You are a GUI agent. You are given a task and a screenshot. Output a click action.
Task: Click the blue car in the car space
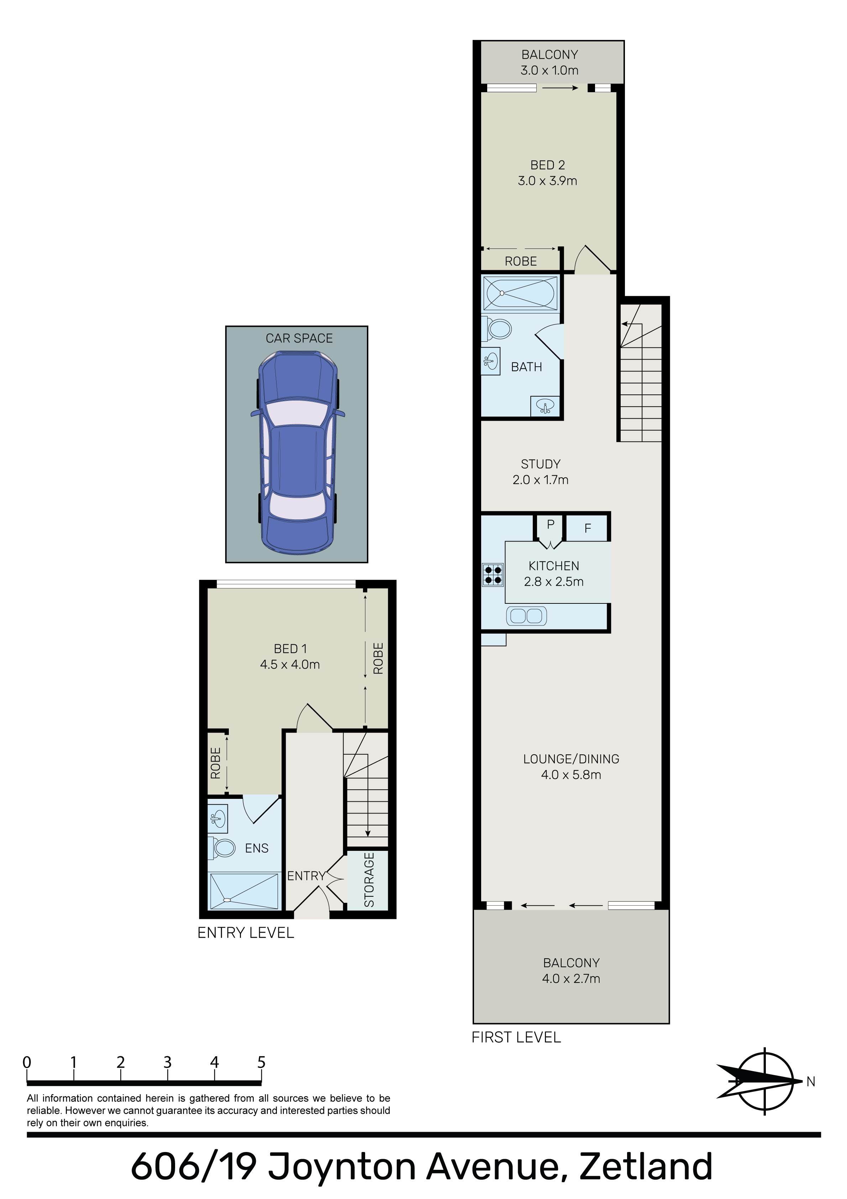298,452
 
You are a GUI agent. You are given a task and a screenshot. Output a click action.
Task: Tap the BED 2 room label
547,165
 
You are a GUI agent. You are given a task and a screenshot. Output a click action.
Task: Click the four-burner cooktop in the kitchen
493,575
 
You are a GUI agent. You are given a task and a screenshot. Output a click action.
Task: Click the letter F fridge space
588,529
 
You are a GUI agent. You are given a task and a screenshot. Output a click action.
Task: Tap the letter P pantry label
551,525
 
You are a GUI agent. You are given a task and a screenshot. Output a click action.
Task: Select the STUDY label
541,464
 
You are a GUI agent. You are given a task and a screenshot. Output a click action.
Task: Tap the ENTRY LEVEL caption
246,933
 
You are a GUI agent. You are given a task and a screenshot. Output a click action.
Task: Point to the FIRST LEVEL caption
516,1037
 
